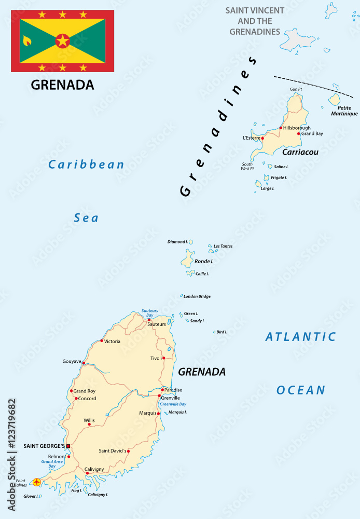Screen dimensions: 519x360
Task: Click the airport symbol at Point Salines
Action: (36, 482)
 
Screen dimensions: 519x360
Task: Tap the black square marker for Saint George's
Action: (68, 446)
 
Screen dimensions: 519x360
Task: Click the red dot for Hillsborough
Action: (281, 128)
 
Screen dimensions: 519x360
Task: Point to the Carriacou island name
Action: (300, 153)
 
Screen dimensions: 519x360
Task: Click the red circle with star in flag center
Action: (62, 40)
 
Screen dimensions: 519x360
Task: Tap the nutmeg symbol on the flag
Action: (27, 40)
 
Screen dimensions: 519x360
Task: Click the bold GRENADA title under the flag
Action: (62, 85)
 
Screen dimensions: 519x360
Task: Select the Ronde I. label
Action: (204, 261)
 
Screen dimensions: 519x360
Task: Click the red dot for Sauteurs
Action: (149, 320)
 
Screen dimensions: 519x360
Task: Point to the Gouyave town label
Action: (72, 361)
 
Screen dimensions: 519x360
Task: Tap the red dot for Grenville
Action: (159, 396)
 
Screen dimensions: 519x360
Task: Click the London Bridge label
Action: (197, 296)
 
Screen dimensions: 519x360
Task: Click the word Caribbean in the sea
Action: (86, 165)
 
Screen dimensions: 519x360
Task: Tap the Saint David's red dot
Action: (128, 451)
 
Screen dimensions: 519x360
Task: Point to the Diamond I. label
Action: (177, 242)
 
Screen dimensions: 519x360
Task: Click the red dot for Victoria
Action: (102, 341)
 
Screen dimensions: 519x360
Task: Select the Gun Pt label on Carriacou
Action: (296, 89)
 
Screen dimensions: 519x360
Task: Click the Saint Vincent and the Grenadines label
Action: (254, 21)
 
